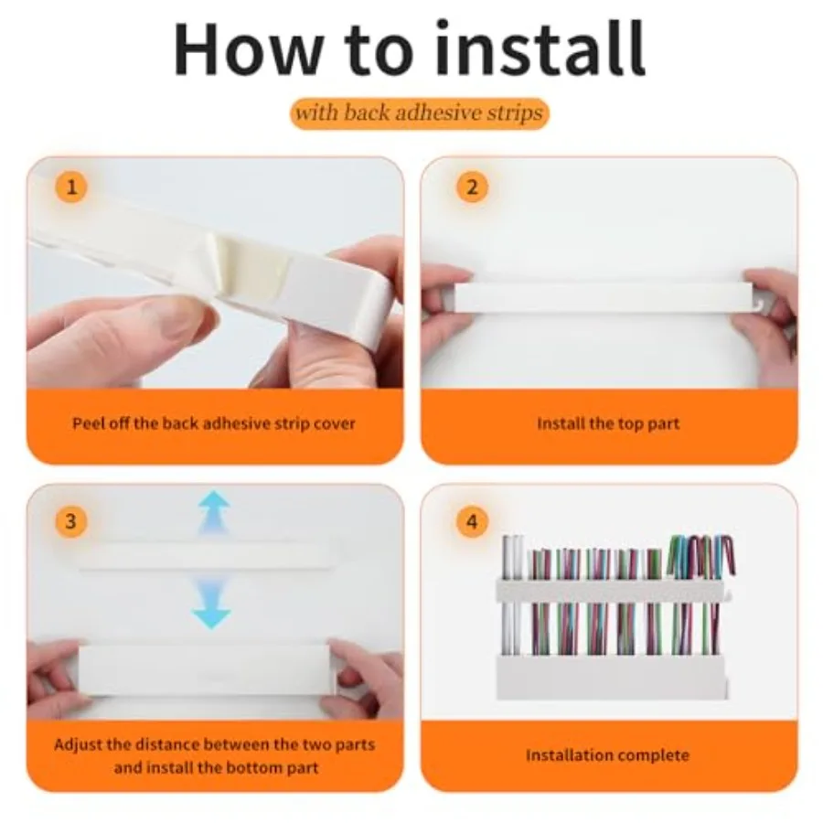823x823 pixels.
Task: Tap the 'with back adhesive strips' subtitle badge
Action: pos(420,113)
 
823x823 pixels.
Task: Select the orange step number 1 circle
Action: pos(71,187)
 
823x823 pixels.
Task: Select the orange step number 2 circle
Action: pos(472,187)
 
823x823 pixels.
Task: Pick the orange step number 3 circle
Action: pos(71,521)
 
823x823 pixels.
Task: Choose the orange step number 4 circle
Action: pos(472,521)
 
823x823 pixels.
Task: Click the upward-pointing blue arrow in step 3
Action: pos(214,512)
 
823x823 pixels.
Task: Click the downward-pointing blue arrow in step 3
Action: pos(211,604)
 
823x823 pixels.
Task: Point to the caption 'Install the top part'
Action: pos(608,423)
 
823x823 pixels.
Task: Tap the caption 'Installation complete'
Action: pos(608,755)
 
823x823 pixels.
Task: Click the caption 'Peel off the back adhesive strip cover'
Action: pos(214,423)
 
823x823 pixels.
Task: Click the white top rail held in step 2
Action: pos(604,298)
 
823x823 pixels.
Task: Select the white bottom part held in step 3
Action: pos(205,671)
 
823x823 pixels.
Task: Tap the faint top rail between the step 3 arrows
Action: pos(205,556)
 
